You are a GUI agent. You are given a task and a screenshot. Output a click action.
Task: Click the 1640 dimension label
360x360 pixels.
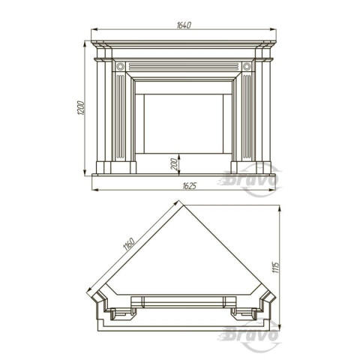click(x=184, y=25)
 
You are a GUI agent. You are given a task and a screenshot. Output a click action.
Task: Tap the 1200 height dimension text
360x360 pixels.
click(x=81, y=108)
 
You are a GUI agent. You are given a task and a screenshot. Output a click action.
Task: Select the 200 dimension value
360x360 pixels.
click(x=174, y=164)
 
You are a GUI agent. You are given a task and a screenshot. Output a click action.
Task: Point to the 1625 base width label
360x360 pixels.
click(x=189, y=186)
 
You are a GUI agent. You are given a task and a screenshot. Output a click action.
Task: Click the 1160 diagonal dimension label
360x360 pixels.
click(x=129, y=244)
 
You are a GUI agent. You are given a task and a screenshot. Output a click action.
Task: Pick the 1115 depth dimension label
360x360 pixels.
click(x=275, y=267)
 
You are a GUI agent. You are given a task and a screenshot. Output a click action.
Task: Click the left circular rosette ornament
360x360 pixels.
click(x=120, y=67)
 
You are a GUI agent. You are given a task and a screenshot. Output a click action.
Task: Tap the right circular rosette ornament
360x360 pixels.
click(x=247, y=67)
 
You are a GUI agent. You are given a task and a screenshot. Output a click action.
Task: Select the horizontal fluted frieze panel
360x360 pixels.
click(x=184, y=67)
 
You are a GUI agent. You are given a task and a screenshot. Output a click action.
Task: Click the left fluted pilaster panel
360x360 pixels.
click(x=121, y=116)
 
